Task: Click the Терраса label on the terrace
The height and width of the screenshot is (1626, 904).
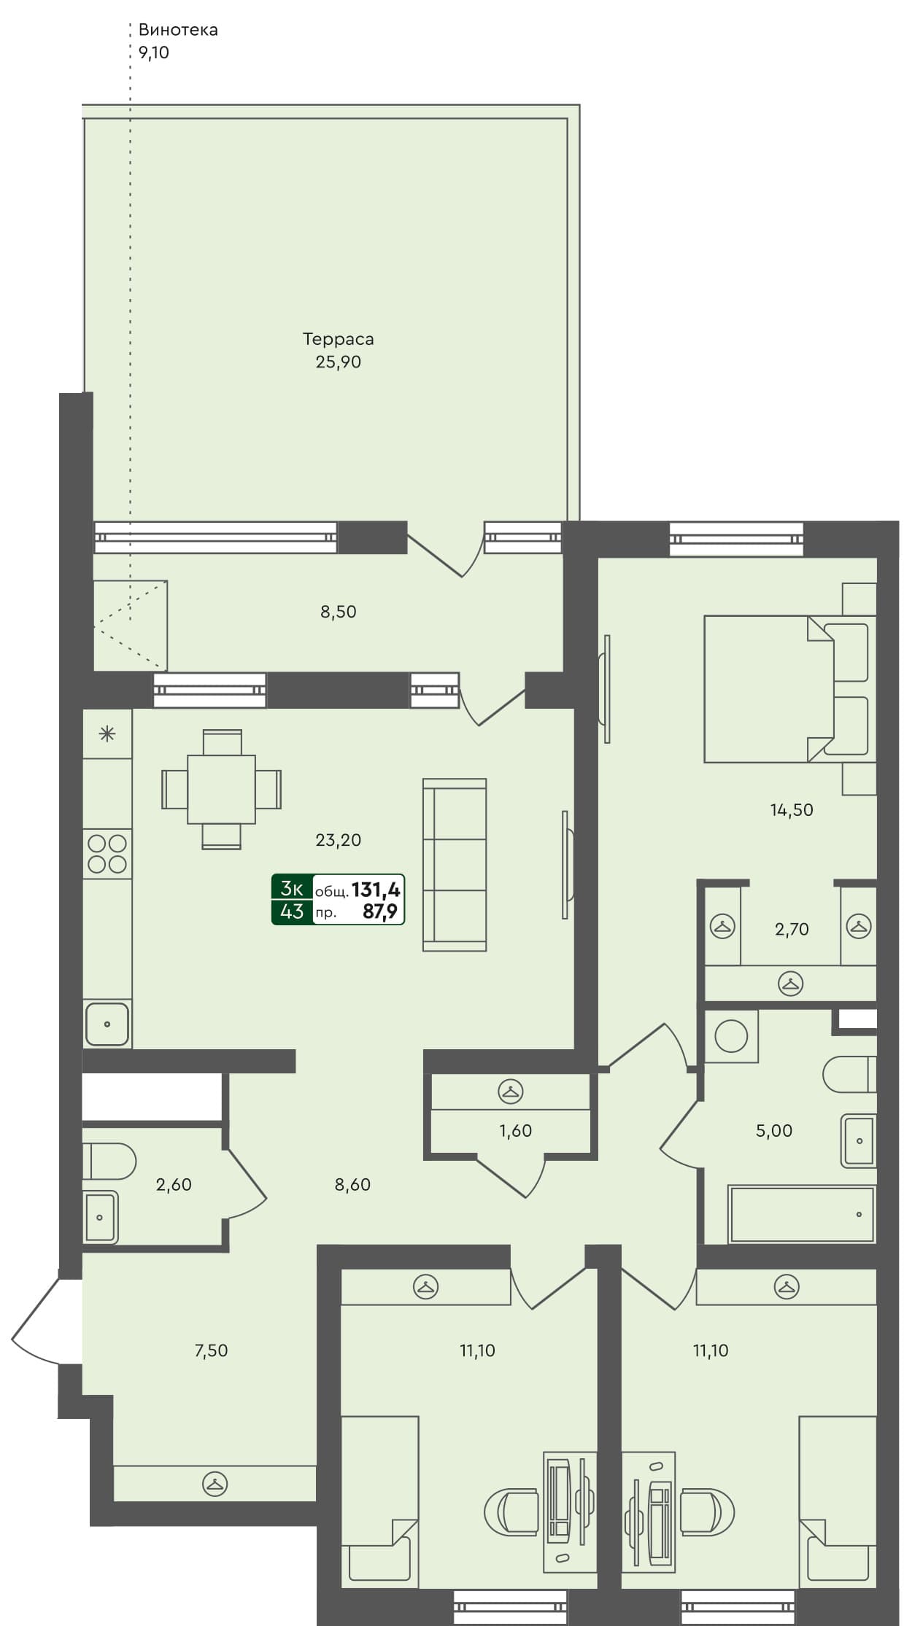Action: [338, 339]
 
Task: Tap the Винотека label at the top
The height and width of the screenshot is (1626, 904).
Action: [178, 30]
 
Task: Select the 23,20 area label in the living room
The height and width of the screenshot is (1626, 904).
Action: [338, 840]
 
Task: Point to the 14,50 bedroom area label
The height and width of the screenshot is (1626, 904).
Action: [792, 809]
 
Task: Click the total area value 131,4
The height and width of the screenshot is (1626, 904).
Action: [376, 890]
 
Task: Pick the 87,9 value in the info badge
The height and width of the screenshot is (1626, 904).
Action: [380, 911]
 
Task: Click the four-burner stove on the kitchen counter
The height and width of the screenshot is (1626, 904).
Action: [107, 854]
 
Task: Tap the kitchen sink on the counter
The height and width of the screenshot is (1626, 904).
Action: [107, 1024]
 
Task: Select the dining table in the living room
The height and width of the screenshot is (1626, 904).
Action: [221, 789]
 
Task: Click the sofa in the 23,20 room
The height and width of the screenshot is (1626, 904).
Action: [455, 865]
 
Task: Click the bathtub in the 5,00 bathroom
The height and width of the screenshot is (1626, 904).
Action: [801, 1214]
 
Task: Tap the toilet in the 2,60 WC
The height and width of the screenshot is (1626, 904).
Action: [109, 1161]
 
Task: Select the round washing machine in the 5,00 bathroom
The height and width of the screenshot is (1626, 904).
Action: [731, 1036]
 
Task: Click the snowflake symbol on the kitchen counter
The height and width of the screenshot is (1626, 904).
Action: [107, 734]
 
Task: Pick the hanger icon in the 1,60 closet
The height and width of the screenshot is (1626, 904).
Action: [511, 1092]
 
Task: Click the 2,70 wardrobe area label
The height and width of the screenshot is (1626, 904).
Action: [792, 929]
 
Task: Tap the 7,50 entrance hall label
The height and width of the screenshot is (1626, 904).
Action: [211, 1350]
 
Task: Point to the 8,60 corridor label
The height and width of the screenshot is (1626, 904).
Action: [352, 1184]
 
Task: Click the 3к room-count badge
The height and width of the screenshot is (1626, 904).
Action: [292, 888]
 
